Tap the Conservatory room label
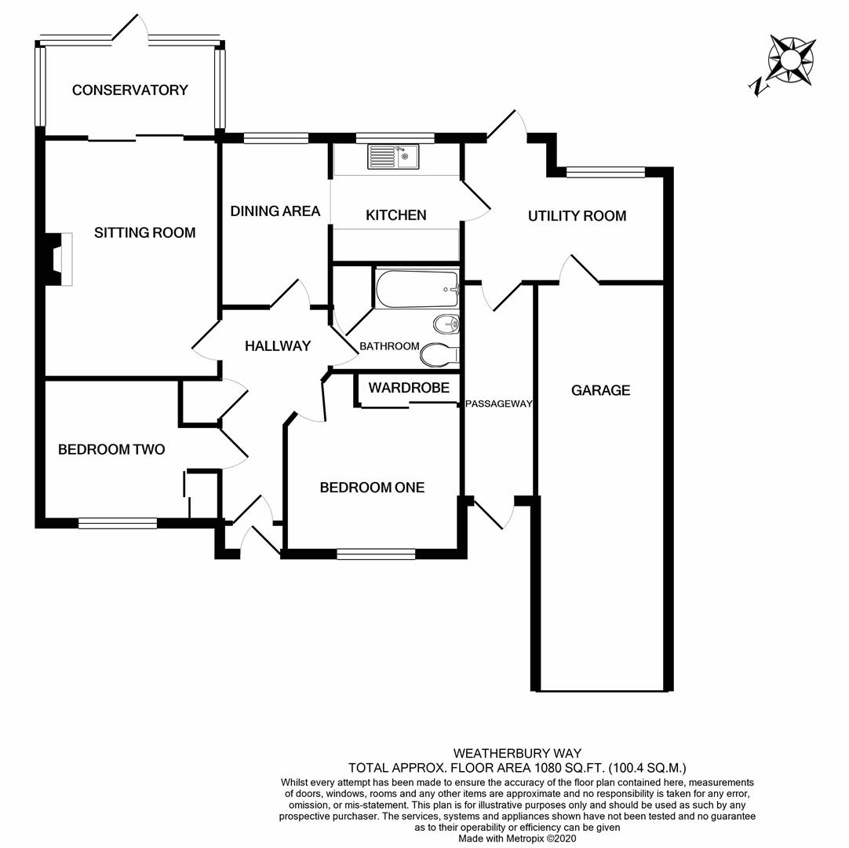point(130,90)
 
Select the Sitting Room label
point(144,232)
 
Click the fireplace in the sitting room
point(60,258)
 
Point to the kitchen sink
point(394,156)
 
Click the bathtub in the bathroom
point(417,290)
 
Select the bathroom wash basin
point(446,323)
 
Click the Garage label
point(601,390)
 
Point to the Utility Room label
point(577,216)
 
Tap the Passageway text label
point(498,404)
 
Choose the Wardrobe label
point(409,388)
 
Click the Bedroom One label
point(372,488)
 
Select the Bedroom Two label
point(111,450)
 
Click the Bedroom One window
point(376,554)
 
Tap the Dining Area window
point(275,138)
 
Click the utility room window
point(606,171)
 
